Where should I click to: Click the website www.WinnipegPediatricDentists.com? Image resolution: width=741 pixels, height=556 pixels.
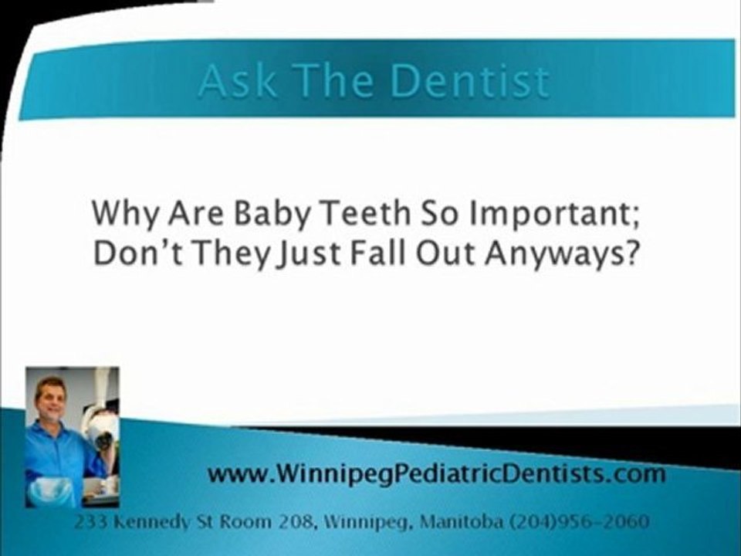436,473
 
